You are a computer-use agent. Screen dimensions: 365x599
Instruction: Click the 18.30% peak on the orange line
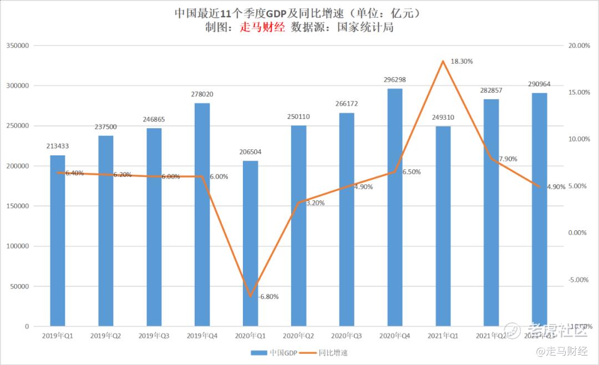443,61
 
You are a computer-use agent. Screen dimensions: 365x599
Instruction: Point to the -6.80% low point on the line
250,296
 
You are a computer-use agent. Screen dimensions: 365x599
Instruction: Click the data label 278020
202,94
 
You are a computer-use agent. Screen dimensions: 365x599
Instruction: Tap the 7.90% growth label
507,159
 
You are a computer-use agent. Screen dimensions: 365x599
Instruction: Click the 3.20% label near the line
315,203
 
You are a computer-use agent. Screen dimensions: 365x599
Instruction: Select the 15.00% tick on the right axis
579,93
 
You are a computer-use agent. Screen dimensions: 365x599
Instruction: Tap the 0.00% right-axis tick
577,233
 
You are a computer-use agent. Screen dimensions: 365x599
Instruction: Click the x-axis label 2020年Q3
347,336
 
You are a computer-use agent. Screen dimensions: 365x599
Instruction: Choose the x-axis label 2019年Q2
105,336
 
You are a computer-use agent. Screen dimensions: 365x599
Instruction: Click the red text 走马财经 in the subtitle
262,27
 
